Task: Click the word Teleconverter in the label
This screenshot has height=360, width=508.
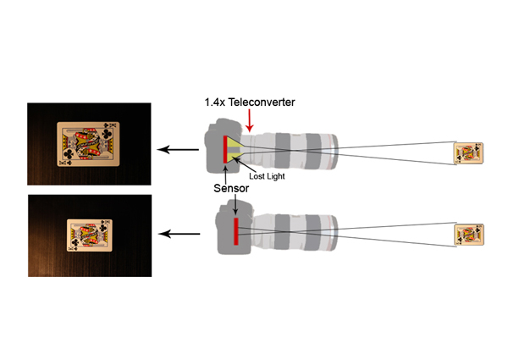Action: pos(262,102)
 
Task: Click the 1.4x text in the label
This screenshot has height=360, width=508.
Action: pos(215,102)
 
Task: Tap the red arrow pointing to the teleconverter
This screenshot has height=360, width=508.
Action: pos(249,120)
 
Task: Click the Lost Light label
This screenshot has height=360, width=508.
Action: pos(267,176)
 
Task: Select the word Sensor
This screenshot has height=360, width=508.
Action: pos(231,188)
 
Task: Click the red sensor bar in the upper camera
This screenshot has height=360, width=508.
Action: pos(225,149)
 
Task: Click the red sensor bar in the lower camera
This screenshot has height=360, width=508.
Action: pos(236,231)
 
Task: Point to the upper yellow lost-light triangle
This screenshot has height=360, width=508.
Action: pos(235,141)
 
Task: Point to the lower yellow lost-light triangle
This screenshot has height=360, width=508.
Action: pos(235,158)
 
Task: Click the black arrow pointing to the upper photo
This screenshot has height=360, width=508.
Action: pos(178,149)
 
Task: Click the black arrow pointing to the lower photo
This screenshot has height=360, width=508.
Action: pos(179,234)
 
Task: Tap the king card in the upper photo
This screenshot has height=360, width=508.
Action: pos(88,144)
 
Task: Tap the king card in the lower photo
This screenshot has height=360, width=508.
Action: pos(90,235)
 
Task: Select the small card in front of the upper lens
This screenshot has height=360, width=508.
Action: pos(468,153)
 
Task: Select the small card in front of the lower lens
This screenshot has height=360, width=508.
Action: pos(469,235)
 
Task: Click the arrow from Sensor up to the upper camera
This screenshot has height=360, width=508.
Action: pos(225,174)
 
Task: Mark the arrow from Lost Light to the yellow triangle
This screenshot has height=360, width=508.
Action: pos(243,164)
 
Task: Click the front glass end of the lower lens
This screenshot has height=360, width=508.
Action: pos(334,233)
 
